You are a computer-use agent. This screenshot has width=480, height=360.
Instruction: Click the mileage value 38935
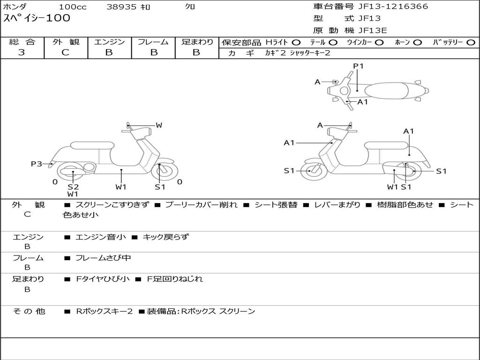click(121, 7)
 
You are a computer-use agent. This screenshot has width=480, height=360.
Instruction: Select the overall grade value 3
click(22, 52)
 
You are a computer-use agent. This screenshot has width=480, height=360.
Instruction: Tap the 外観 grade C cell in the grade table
click(65, 52)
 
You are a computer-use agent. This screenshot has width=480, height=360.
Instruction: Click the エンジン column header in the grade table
click(109, 42)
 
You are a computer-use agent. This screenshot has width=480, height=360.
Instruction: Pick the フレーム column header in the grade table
click(153, 42)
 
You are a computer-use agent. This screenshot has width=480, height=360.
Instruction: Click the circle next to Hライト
click(296, 43)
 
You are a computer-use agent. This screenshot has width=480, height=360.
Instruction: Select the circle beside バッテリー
click(471, 43)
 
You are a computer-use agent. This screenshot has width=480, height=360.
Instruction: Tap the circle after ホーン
click(417, 43)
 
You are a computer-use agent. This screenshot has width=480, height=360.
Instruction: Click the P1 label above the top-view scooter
click(358, 66)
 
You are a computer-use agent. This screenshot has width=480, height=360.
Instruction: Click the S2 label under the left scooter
click(73, 187)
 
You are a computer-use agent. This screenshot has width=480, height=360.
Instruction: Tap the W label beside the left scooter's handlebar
click(159, 125)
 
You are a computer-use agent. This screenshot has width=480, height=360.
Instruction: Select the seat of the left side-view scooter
click(91, 145)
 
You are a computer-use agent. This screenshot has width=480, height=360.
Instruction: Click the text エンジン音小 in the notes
click(100, 237)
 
